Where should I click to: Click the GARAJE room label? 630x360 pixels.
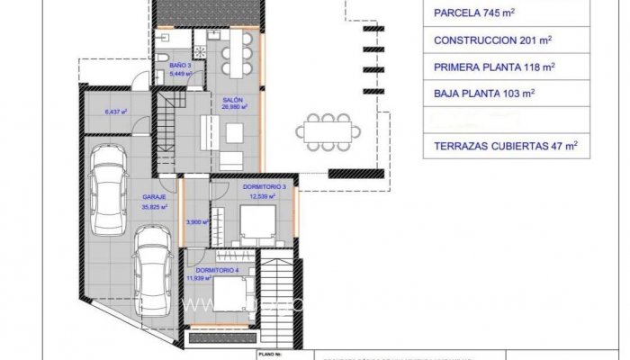[152, 196]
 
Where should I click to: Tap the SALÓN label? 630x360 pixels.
[233, 99]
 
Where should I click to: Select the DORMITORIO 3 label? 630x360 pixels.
[264, 186]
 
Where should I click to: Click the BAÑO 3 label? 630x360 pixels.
[180, 65]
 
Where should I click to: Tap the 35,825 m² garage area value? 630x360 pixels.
[155, 206]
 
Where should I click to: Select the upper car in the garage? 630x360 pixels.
[109, 187]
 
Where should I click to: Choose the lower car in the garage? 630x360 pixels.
[153, 267]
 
